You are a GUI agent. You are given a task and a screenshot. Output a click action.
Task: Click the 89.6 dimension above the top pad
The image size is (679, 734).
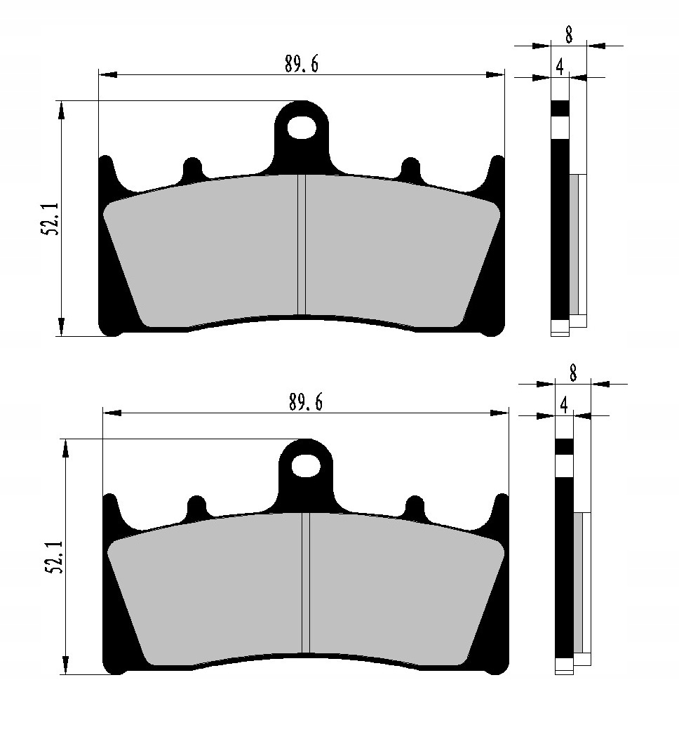pyautogui.click(x=302, y=64)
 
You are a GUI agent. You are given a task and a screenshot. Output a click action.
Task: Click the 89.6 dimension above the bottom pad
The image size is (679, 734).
pyautogui.click(x=306, y=403)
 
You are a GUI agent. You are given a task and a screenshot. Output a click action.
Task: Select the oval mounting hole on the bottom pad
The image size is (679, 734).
pyautogui.click(x=307, y=465)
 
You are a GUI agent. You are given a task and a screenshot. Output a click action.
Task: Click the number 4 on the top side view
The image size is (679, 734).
pyautogui.click(x=559, y=67)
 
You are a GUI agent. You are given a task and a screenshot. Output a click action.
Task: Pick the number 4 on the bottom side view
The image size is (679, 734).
pyautogui.click(x=564, y=405)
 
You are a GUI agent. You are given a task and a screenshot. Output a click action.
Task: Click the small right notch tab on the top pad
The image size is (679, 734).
pyautogui.click(x=410, y=167)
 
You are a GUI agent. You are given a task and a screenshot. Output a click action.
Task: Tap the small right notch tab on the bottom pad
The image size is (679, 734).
pyautogui.click(x=415, y=505)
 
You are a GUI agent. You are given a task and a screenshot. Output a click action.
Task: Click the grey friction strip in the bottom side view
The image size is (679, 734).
pyautogui.click(x=579, y=582)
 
